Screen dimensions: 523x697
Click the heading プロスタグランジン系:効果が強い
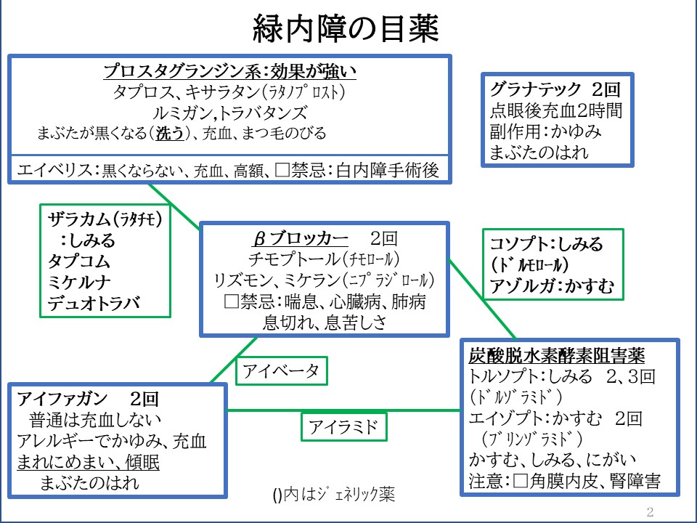[x=229, y=71]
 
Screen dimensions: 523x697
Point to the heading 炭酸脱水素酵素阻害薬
[x=558, y=356]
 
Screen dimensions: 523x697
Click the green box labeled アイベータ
[x=281, y=370]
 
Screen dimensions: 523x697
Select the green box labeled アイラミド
[x=343, y=427]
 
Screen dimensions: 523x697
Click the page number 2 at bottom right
[x=650, y=511]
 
